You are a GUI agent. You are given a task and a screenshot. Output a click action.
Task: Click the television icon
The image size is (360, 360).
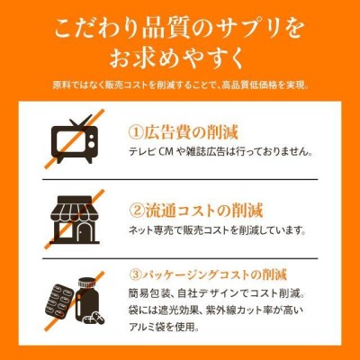tap(75, 139)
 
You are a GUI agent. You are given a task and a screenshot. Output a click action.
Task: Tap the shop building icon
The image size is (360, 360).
tap(75, 220)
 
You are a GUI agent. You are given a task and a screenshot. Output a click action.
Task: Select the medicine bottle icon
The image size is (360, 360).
tap(88, 301)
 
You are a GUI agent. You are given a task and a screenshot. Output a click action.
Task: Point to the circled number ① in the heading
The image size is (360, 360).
tap(136, 132)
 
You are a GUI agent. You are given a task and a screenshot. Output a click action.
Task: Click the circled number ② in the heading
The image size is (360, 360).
tap(137, 211)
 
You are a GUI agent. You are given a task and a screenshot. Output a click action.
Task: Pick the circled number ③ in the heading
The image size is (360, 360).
tap(136, 275)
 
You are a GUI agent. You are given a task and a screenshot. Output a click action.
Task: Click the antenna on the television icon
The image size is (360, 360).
tap(80, 121)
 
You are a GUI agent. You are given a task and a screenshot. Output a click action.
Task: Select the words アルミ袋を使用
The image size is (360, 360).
tap(164, 327)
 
